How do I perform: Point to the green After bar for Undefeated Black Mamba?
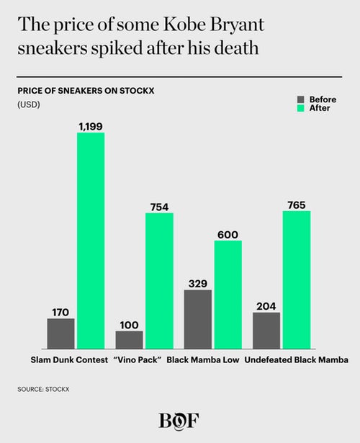[x=297, y=280]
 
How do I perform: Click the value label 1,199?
[x=91, y=126]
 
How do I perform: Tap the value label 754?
[x=159, y=207]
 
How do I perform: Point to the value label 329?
[x=198, y=284]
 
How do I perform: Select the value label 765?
[x=297, y=205]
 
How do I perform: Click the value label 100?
[x=130, y=325]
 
